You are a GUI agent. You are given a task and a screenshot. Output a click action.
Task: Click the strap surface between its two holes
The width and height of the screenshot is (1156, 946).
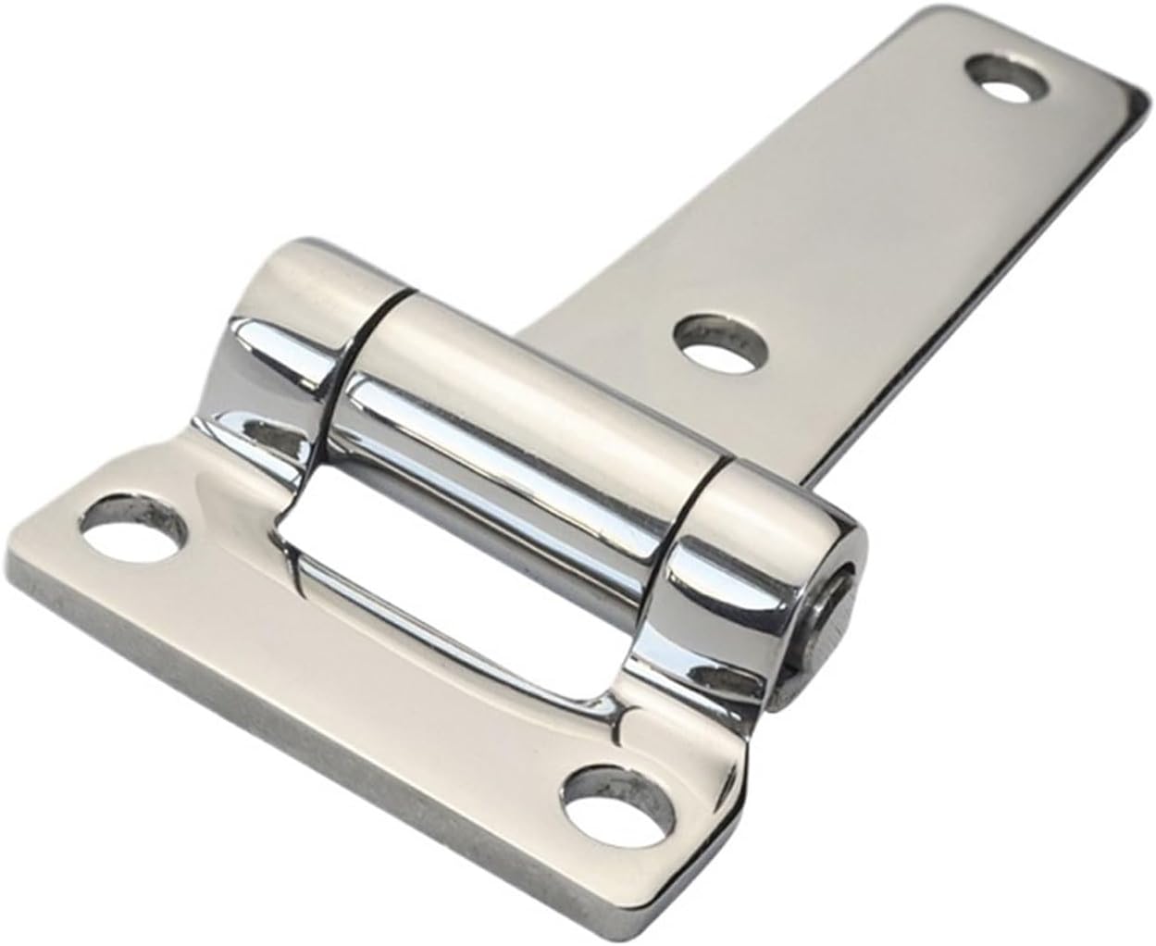click(861, 213)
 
